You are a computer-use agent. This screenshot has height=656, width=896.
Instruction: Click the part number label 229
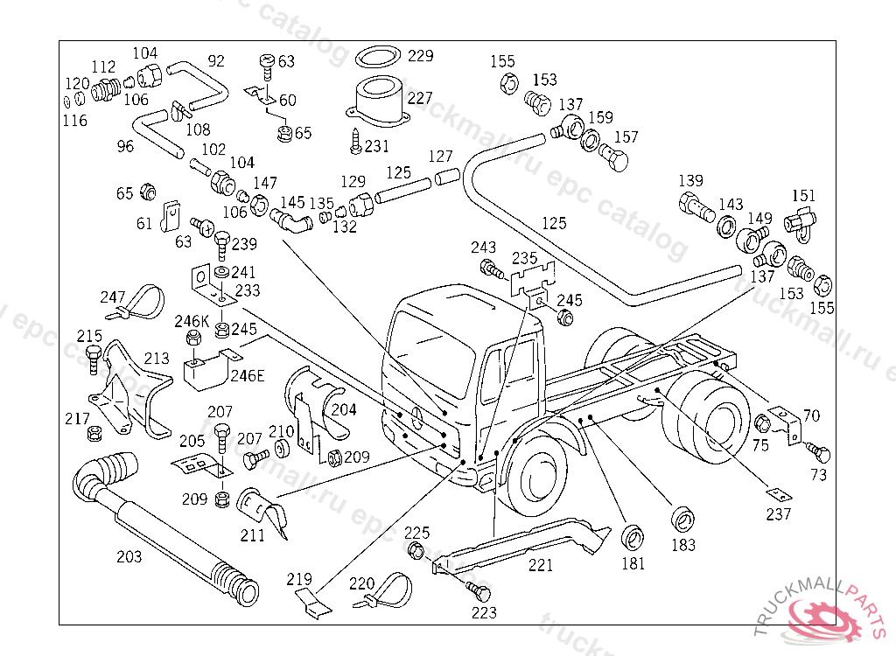pos(420,56)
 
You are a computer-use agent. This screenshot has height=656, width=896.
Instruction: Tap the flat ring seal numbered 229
pos(378,58)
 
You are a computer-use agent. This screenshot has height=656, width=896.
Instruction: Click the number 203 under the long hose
pos(129,556)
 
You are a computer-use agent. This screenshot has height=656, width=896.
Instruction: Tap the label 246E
pos(247,375)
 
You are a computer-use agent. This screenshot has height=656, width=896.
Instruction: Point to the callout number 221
pos(540,566)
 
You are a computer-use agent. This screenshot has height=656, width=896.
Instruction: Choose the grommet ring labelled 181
pos(632,536)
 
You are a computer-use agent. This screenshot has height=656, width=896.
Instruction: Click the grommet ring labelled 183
pos(682,518)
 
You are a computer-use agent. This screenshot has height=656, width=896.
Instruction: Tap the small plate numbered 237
pos(778,493)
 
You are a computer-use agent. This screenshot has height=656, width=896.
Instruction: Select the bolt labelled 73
pos(820,452)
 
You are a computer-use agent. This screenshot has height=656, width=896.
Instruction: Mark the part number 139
pos(690,181)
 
